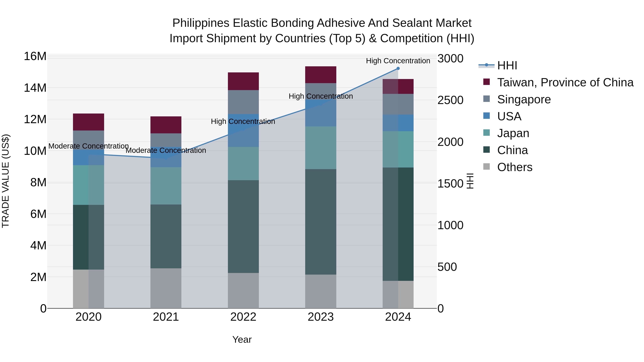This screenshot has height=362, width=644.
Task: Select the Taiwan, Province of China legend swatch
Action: click(487, 82)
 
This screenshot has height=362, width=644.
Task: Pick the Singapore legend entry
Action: click(524, 99)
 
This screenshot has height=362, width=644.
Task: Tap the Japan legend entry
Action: click(513, 133)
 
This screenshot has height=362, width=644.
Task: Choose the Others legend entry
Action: click(514, 167)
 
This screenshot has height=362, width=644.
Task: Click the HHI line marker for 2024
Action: click(398, 68)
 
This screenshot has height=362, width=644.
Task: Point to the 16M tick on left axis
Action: click(35, 56)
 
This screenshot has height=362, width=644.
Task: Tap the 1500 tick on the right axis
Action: click(450, 184)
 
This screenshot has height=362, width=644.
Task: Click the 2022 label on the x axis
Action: click(243, 317)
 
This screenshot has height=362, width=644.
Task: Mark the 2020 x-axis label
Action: click(89, 317)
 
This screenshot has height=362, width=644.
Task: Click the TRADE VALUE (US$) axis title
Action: click(6, 181)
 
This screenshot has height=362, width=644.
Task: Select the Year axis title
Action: click(242, 339)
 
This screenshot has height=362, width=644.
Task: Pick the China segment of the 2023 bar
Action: click(321, 222)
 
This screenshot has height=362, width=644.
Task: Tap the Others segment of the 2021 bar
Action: click(166, 288)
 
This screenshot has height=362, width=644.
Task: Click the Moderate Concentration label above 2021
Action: click(166, 150)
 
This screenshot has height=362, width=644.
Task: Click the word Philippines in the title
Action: click(201, 23)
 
